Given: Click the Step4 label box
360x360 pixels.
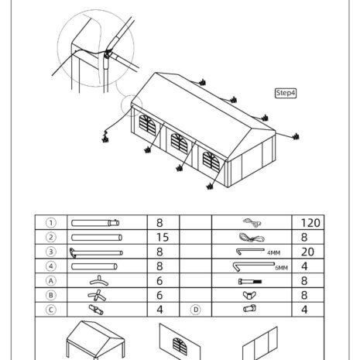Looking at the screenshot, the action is [x=286, y=93].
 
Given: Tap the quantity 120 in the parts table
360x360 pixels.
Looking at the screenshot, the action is [x=310, y=223].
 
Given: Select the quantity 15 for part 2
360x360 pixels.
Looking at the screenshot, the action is [x=163, y=238].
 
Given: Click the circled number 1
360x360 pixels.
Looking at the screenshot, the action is [x=51, y=223].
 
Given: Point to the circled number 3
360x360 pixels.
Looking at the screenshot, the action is [x=51, y=252].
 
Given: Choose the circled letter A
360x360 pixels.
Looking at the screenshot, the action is [x=51, y=280].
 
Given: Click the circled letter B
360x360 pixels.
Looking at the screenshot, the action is [x=51, y=295].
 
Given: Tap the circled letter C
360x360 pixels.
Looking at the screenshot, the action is [x=51, y=310].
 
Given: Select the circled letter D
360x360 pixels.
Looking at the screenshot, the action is [x=196, y=310].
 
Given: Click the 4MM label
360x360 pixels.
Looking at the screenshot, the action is [x=273, y=253].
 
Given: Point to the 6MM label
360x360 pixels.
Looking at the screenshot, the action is [x=281, y=268].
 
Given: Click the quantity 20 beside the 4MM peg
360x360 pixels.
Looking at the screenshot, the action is [x=307, y=252].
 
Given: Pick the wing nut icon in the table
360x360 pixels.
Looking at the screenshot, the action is [x=249, y=295].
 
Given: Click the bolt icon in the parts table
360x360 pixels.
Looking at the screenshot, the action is [x=250, y=282].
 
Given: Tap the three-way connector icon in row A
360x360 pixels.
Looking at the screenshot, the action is [x=99, y=281].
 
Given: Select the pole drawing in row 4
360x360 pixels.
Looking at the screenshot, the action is [x=94, y=266].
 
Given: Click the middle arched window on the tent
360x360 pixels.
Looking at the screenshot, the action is [x=179, y=143].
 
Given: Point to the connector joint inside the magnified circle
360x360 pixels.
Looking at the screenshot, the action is [x=107, y=55].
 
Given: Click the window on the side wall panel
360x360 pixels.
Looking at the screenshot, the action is [x=180, y=345].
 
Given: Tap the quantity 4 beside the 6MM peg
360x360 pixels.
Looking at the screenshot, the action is [x=304, y=266].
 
